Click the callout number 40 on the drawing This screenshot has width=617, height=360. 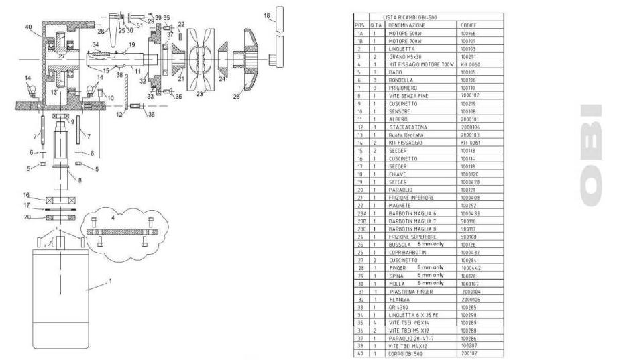[29, 27]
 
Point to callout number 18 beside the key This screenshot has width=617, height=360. [266, 15]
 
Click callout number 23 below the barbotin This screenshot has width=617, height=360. [199, 95]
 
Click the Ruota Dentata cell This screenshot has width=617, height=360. [406, 154]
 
